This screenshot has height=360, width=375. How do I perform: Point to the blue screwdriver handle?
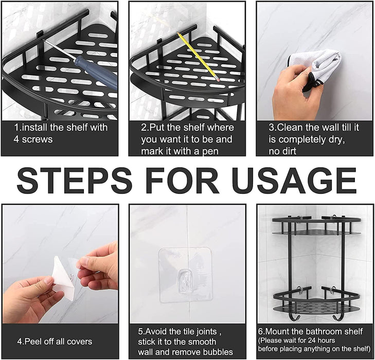click(96, 71)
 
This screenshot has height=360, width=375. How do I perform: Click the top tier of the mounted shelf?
click(316, 226)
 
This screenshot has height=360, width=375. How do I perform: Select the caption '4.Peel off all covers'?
click(55, 341)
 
